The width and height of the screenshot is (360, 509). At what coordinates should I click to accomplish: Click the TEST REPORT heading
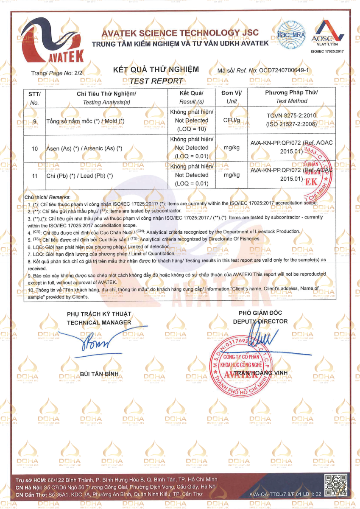156,81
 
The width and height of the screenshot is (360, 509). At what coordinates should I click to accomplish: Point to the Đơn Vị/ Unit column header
232,97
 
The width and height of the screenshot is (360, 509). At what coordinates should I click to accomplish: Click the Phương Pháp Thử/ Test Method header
291,97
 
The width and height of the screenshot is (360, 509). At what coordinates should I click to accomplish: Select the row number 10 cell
35,148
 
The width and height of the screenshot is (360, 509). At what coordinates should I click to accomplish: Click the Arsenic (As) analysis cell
84,148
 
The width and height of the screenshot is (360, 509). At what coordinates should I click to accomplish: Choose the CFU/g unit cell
232,120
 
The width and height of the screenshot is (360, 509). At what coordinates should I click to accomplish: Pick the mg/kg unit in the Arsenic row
232,148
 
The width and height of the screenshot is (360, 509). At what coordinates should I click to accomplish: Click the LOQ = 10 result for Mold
192,129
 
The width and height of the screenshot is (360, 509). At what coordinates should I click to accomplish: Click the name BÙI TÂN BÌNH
99,374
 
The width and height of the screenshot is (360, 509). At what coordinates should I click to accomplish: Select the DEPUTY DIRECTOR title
260,321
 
